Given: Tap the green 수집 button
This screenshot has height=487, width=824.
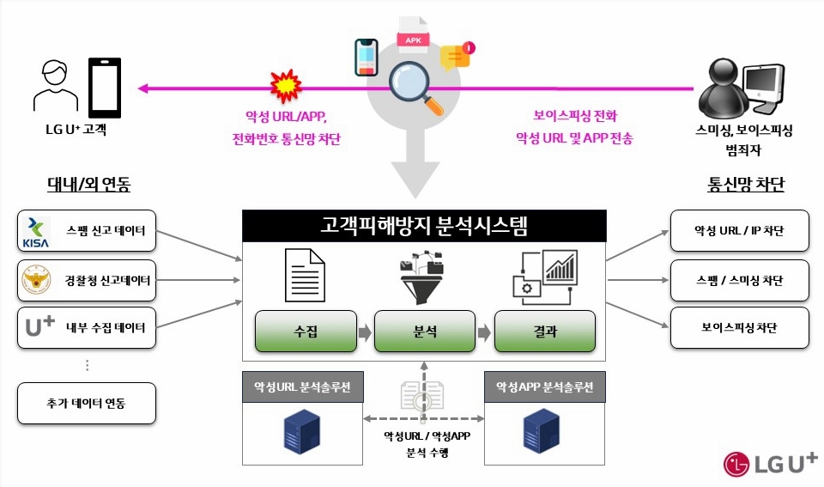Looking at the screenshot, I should [x=306, y=332].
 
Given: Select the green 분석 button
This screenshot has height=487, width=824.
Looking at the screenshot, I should [x=424, y=332].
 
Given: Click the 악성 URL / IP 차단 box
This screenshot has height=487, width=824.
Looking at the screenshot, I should [x=739, y=231].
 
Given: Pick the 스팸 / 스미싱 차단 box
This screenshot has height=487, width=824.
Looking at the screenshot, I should [x=739, y=280].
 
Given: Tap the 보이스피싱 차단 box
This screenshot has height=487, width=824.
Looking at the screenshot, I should [x=739, y=327].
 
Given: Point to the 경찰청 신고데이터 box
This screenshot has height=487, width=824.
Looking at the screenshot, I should [x=87, y=280].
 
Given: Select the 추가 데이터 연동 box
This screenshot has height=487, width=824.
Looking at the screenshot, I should [x=87, y=403].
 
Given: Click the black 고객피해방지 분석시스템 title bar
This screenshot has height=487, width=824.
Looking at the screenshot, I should [x=424, y=227].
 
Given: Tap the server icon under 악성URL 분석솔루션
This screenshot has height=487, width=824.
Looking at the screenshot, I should [x=303, y=433].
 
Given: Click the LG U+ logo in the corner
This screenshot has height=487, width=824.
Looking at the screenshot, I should [x=770, y=464].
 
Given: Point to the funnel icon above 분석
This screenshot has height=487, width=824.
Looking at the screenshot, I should [x=424, y=275].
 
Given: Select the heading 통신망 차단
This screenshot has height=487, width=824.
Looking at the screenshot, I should [x=746, y=185].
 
